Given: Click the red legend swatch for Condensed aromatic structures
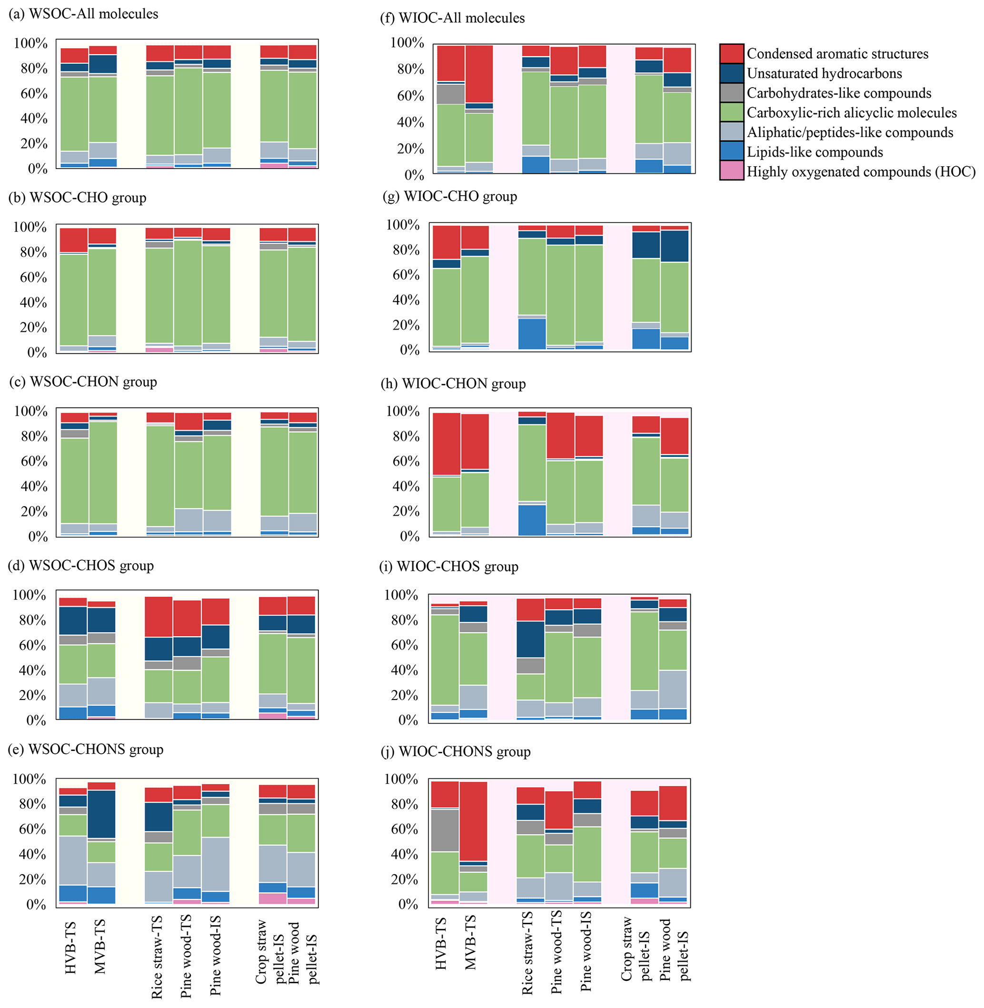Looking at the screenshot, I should [731, 54].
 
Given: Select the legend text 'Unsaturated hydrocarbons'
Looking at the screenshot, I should [825, 73].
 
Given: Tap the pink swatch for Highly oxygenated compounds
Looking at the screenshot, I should [731, 171].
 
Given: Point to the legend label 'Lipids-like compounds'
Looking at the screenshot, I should [815, 152].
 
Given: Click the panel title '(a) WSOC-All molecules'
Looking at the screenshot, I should [83, 13].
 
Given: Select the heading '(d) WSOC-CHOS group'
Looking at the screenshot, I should [80, 565].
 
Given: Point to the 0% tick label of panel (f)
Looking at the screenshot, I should [413, 175].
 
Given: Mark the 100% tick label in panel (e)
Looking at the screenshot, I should [30, 779].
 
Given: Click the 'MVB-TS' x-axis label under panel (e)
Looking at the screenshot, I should [100, 946].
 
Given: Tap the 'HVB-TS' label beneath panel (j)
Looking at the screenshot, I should [441, 946].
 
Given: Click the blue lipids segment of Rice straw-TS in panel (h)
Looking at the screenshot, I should [532, 520].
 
